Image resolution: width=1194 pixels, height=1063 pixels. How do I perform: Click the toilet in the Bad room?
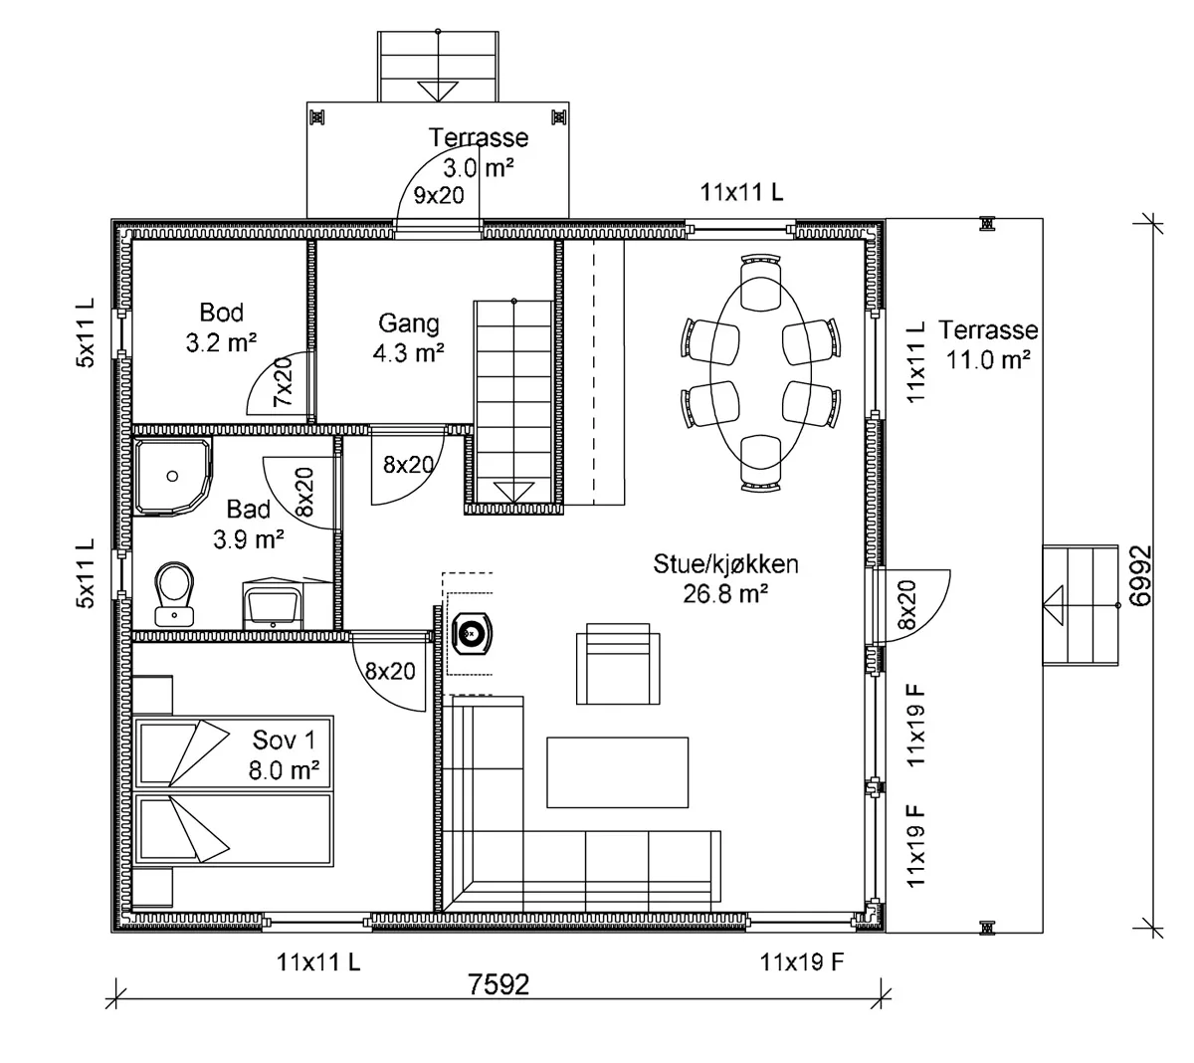point(174,593)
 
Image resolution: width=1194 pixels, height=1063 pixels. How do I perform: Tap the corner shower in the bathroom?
point(173,477)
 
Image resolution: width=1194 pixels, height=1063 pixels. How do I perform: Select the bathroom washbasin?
point(273,604)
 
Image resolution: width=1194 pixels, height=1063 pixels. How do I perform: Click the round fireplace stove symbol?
point(472,634)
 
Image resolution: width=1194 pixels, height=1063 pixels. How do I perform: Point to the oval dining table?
point(760,373)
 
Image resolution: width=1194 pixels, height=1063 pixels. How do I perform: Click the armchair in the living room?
point(618,664)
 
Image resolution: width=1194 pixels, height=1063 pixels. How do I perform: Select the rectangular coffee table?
point(617,772)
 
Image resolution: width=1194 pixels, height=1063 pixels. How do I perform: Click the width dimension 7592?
point(498,984)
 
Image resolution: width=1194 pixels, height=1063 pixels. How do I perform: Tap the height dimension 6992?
point(1140,575)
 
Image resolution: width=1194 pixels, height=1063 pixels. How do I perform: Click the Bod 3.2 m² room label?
point(221,327)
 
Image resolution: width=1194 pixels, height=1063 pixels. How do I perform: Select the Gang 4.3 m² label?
point(408,337)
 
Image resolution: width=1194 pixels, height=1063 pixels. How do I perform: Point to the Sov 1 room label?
point(284,754)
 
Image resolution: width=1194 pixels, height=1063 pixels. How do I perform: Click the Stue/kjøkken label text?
point(725,564)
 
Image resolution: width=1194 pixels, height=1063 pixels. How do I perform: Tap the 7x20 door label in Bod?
point(284,381)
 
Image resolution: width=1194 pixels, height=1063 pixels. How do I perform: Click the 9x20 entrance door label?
point(439,195)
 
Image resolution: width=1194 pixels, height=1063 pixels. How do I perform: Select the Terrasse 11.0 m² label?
point(988,344)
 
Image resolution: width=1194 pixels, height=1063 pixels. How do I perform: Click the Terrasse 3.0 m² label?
point(478,152)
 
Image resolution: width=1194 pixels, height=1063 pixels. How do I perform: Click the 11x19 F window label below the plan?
point(802,962)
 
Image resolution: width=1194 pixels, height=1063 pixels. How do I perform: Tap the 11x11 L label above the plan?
point(741,192)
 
